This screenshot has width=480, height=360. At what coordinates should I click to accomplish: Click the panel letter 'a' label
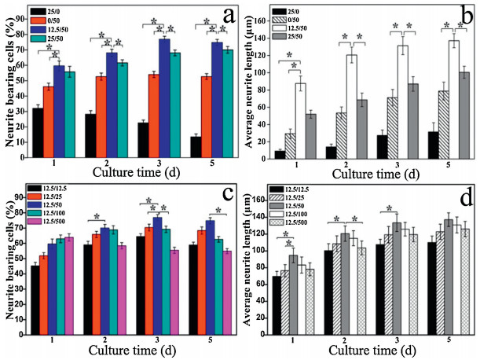(x=228, y=15)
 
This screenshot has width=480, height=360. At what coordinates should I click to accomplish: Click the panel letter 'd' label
(x=463, y=198)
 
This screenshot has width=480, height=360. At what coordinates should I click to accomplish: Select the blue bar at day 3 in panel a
(x=164, y=98)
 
